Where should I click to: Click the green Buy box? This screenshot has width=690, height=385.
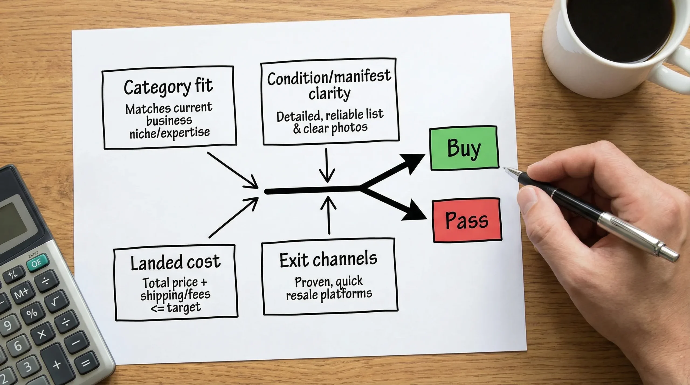click(x=464, y=148)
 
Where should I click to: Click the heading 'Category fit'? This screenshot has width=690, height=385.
click(x=168, y=86)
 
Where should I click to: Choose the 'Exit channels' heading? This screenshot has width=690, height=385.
click(x=328, y=260)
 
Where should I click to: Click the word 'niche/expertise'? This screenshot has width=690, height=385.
click(x=170, y=133)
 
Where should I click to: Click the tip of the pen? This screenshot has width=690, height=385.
click(x=505, y=168)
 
